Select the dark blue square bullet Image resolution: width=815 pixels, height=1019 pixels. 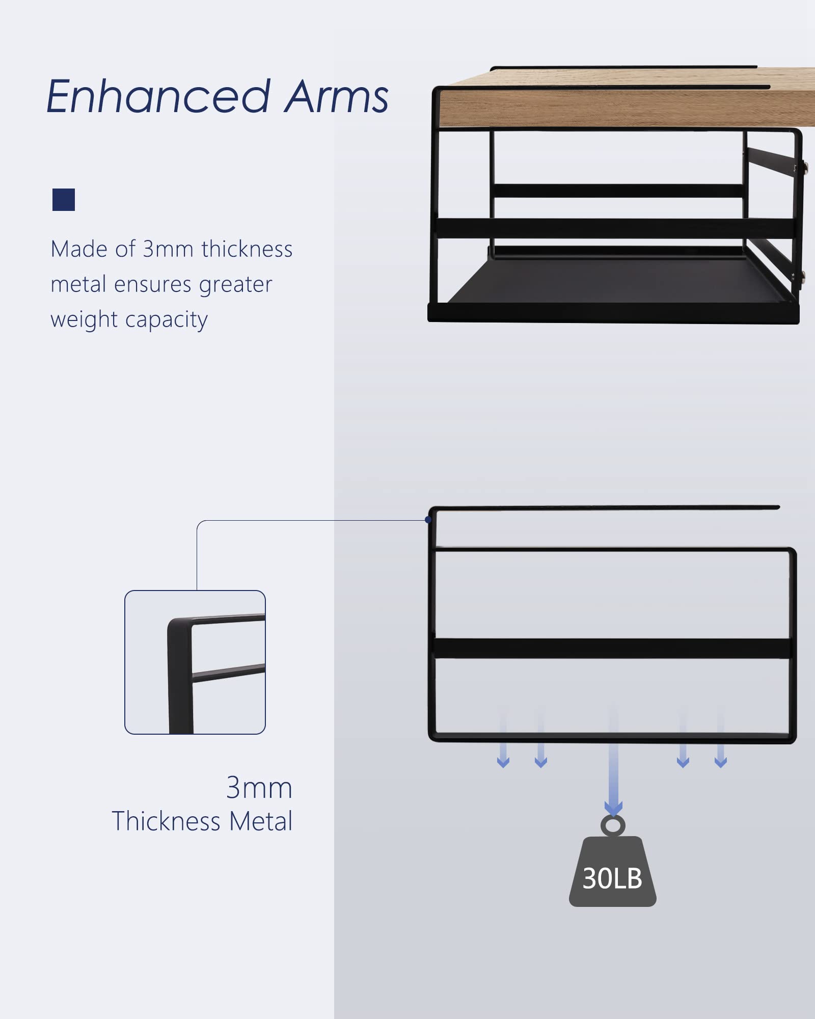tap(64, 200)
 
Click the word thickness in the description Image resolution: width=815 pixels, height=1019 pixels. tap(247, 249)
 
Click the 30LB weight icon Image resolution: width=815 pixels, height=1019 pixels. tap(613, 871)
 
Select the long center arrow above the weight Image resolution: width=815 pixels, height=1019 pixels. tap(613, 759)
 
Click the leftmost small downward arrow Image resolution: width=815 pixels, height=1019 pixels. tap(503, 739)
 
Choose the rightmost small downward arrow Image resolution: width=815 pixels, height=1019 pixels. tap(721, 739)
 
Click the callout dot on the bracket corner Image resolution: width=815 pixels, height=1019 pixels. tap(428, 520)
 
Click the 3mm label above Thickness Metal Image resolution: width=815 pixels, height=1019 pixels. tap(259, 788)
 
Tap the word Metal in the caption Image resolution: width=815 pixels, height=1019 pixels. tap(261, 821)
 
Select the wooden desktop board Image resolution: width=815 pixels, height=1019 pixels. tap(627, 99)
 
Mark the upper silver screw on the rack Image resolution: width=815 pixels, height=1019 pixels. tap(805, 166)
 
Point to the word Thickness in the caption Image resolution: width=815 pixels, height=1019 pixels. tap(167, 821)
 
